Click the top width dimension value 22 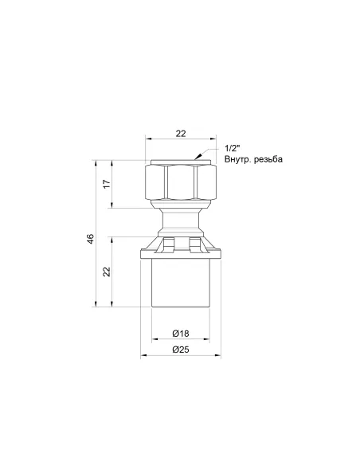coord(181,134)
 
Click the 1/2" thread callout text coord(232,148)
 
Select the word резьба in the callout coord(268,159)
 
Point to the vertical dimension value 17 coord(107,184)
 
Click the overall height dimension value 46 coord(91,239)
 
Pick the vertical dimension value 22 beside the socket coord(107,272)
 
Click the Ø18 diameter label coord(181,334)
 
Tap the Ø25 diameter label coord(181,350)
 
